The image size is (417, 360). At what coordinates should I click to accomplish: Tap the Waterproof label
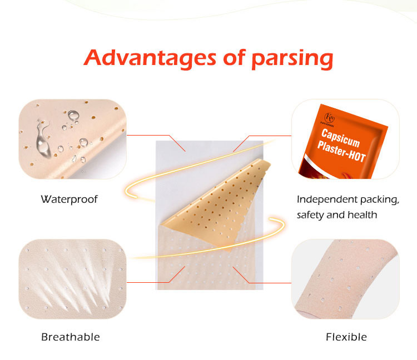[69, 199]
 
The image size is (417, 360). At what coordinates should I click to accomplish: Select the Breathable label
[71, 337]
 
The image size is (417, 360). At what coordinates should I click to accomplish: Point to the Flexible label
[346, 337]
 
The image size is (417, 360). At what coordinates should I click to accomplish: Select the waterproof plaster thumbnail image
[72, 139]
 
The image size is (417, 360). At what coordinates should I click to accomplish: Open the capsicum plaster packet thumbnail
[345, 139]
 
